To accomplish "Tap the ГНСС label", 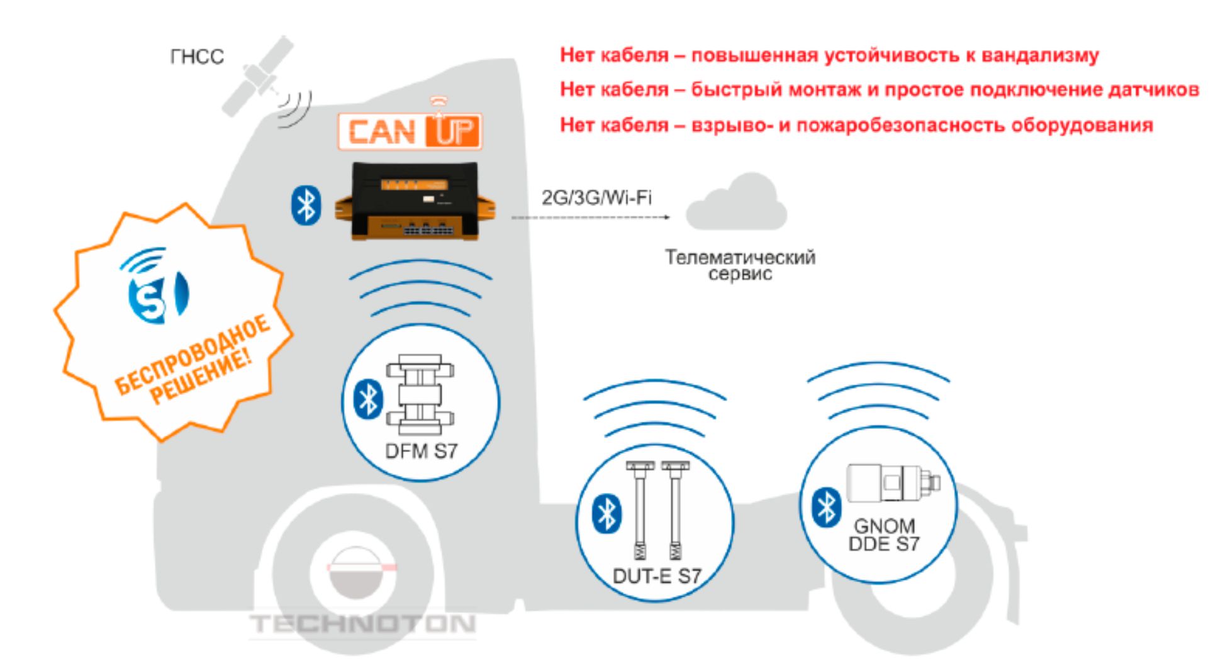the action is (197, 57).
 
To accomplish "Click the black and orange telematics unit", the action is (415, 201).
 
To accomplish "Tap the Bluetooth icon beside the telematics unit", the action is (306, 206).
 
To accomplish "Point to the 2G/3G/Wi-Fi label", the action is (596, 198).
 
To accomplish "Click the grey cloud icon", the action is (736, 202).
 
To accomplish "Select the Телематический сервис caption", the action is (740, 265).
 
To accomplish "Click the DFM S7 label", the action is (421, 451).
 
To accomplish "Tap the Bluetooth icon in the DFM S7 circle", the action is (369, 399).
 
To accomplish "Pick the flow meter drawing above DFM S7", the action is (420, 395).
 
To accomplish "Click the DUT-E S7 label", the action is (656, 576).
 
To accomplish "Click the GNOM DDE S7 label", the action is (884, 534).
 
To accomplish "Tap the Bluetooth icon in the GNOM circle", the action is (827, 507).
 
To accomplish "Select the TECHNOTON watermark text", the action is (362, 624).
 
